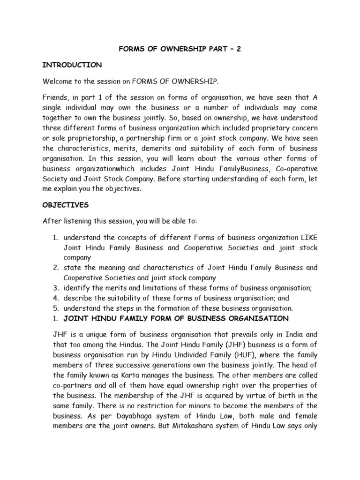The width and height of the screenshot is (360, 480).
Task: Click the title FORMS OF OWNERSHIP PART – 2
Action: pos(180,48)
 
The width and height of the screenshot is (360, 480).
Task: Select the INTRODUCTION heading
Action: pos(72,65)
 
